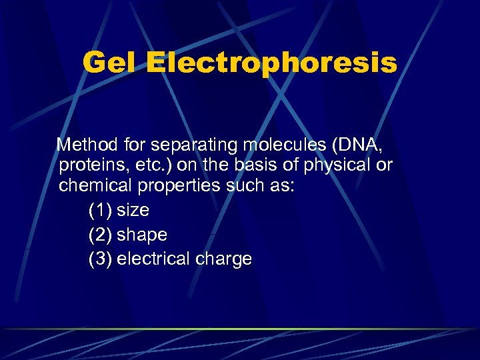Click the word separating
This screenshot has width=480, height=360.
coord(183,145)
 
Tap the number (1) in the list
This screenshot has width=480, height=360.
coord(100,211)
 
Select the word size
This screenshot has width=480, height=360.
coord(133,211)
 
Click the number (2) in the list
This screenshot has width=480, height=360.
coord(100,235)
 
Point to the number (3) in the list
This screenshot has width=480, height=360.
coord(100,259)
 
